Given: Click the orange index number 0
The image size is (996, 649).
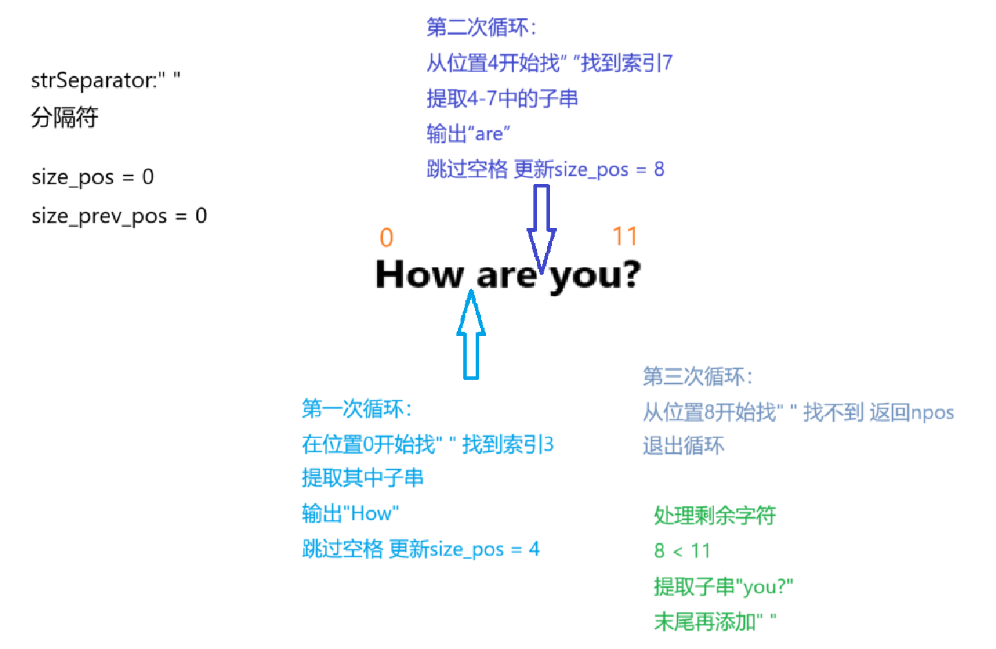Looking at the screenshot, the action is click(386, 238).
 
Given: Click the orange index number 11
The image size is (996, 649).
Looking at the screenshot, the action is click(625, 237).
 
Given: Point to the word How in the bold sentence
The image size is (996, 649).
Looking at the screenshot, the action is click(419, 275).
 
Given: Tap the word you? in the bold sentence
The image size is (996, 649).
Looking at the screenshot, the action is click(595, 276).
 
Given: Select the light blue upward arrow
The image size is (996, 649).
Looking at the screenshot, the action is click(471, 336).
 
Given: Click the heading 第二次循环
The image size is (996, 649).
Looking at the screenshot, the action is click(481, 27).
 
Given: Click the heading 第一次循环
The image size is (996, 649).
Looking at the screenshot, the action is click(357, 409).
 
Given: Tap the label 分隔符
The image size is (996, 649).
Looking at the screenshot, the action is click(65, 117).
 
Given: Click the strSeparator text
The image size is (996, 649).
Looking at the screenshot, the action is click(106, 80).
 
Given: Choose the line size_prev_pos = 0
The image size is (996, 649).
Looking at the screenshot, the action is click(119, 216).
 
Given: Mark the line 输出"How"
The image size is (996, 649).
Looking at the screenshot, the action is click(351, 513).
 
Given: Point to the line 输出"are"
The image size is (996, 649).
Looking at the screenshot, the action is click(468, 133).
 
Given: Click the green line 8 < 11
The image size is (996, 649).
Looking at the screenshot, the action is click(682, 551).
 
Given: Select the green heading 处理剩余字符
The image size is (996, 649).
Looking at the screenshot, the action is click(715, 515).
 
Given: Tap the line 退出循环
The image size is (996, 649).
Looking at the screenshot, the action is click(683, 446).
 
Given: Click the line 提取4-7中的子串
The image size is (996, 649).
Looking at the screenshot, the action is click(502, 98).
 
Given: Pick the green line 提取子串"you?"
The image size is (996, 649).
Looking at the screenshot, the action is click(723, 587).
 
